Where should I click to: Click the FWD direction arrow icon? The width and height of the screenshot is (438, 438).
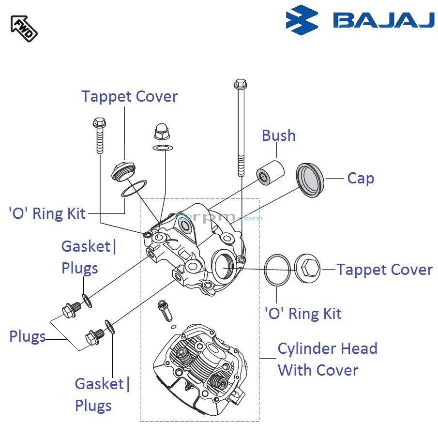coord(24,28)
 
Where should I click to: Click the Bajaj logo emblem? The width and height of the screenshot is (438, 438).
coord(302,20)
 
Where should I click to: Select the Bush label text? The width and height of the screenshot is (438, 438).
coord(278,136)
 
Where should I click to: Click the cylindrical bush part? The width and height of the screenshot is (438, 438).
coord(270,171)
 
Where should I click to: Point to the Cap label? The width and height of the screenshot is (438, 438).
coord(361,178)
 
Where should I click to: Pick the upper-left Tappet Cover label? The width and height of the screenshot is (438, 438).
coord(129,96)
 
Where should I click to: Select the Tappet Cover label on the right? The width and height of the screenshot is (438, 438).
coord(384,270)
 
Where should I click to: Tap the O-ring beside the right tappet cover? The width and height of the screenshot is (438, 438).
coord(278,270)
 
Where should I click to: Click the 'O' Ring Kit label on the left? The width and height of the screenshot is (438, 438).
coord(47,213)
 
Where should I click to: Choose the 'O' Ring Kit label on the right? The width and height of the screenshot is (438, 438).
coord(303,314)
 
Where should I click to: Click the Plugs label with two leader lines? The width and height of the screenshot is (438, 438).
coord(27,337)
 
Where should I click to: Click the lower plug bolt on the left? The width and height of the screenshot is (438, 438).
coord(94,336)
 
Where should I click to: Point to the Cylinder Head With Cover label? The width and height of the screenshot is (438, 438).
coord(327,359)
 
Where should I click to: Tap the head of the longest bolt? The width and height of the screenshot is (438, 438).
coord(240,85)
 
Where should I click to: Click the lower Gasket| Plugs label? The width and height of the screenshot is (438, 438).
coord(102,394)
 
